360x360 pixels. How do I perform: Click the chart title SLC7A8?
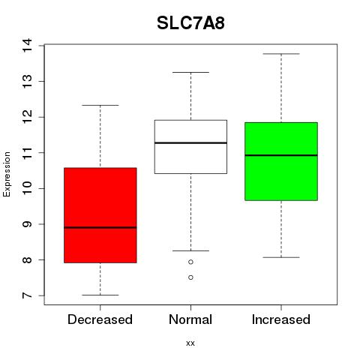190,23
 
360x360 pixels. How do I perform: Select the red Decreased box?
100,215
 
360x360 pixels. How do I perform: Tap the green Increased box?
281,161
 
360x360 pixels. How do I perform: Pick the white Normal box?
190,147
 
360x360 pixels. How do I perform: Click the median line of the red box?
100,227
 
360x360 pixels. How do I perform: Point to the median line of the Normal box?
190,143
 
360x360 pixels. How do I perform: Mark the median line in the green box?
281,155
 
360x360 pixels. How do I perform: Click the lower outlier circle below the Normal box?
190,277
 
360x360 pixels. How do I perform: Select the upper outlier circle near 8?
190,262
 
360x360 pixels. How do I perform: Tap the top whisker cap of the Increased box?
281,54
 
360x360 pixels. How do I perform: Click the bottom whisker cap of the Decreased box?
100,295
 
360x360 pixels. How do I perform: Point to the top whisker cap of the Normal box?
190,72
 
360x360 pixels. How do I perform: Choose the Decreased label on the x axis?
100,319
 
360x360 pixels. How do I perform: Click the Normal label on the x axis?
190,319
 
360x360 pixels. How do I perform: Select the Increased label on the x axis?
281,319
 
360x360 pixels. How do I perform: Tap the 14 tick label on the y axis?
28,45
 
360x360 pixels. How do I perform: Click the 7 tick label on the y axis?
28,295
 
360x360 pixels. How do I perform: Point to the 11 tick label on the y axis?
28,153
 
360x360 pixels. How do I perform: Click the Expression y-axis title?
7,174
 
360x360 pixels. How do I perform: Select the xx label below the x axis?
190,343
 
